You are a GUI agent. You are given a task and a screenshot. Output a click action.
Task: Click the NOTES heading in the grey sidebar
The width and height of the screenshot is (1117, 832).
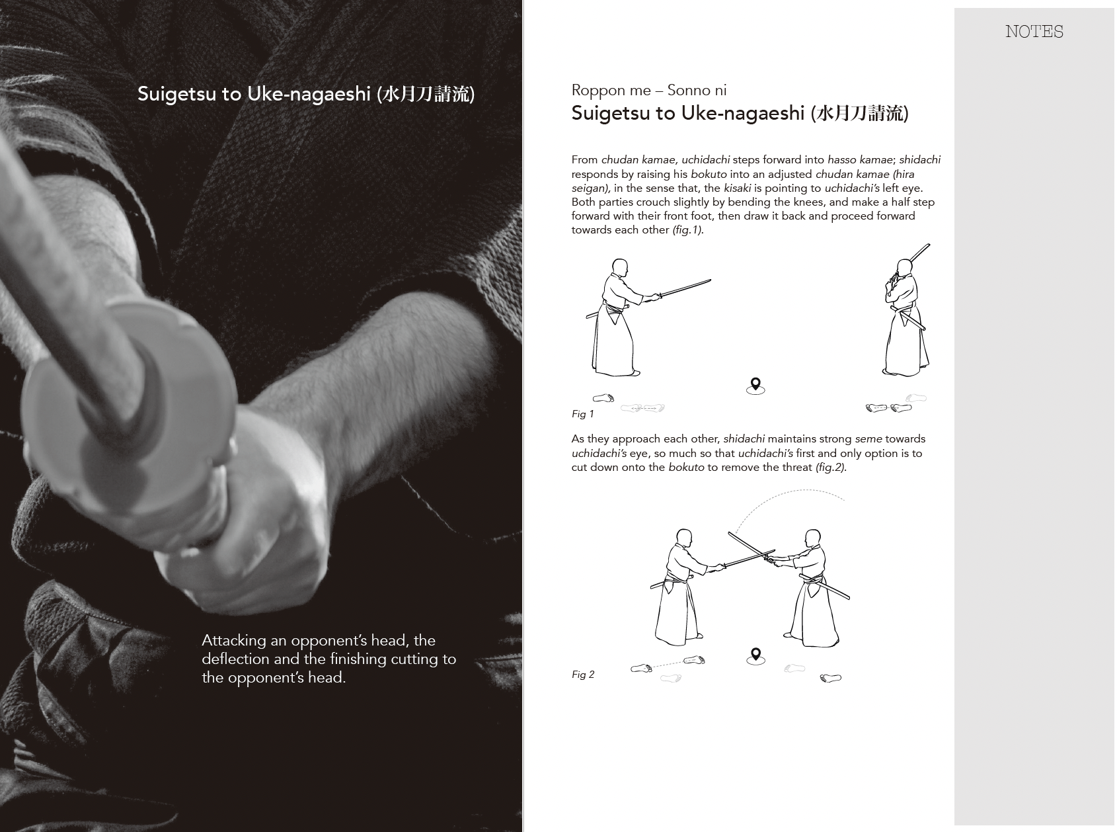pos(1034,31)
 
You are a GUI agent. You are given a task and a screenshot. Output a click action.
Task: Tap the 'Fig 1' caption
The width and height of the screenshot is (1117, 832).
pos(583,414)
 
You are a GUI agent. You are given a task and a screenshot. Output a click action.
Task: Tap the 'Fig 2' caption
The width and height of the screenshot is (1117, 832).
pos(583,675)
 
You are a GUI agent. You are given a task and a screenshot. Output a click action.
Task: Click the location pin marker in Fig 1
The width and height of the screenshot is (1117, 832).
pos(755,386)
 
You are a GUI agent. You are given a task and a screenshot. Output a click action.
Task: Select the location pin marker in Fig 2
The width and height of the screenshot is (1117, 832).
pos(755,656)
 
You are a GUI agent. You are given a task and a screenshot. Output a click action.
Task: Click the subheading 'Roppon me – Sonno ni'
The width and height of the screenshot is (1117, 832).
pos(648,90)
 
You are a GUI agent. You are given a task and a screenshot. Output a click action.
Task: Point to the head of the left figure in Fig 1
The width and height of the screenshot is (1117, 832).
pos(620,268)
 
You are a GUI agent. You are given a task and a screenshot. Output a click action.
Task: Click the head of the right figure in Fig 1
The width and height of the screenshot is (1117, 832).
pos(905,268)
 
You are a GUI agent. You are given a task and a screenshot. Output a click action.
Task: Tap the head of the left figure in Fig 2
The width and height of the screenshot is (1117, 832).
pos(684,538)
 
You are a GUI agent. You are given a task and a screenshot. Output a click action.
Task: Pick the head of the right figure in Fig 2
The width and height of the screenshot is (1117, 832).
pos(813,538)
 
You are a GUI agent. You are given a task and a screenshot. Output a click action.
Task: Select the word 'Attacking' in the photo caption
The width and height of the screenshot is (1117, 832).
pos(233,641)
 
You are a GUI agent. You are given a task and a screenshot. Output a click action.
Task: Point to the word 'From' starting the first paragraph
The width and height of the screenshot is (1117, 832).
pos(585,160)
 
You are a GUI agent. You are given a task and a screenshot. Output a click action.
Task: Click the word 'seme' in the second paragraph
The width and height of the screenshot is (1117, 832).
pos(868,439)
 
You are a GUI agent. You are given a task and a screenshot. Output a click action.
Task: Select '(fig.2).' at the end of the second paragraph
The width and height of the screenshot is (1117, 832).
pos(831,467)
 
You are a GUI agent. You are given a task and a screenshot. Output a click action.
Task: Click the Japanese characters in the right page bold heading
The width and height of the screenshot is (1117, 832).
pos(862,114)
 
